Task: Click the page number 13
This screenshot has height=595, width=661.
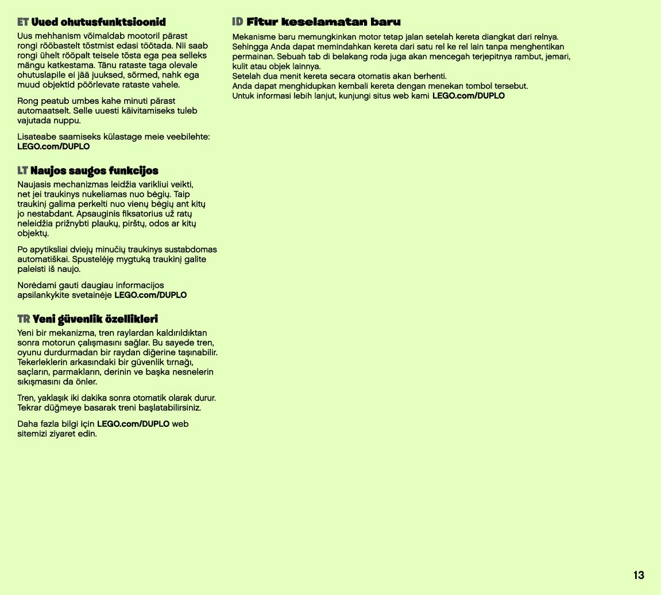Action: pos(639,575)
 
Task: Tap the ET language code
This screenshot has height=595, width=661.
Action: pos(23,22)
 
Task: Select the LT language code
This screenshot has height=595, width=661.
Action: pos(23,171)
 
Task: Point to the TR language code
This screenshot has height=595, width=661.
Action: pos(24,319)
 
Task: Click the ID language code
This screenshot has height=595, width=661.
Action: pos(238,22)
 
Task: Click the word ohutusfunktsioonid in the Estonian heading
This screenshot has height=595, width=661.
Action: pos(98,22)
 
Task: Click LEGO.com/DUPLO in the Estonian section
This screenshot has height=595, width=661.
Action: pos(53,146)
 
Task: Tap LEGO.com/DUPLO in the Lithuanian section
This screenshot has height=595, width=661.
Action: pos(150,295)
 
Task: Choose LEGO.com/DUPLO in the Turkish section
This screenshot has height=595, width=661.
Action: pos(133,424)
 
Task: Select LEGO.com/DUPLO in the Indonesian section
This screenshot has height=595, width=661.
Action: pos(468,96)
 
